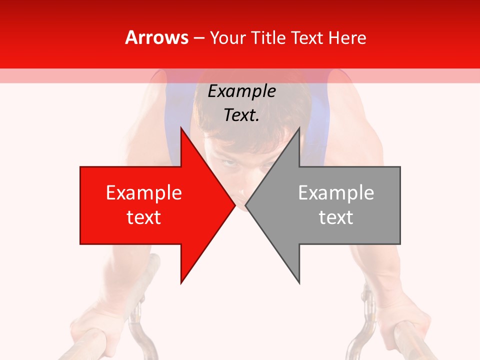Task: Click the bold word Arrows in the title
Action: point(157,38)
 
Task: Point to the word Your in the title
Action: point(227,38)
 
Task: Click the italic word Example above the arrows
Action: point(241,91)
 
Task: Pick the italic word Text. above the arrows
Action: point(241,115)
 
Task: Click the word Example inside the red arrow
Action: point(144,193)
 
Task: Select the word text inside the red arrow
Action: point(144,217)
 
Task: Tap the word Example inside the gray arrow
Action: point(336,193)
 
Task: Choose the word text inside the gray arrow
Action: point(336,217)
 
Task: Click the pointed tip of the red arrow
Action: point(235,205)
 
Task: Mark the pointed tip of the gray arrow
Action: point(246,205)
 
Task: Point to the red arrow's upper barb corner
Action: point(181,128)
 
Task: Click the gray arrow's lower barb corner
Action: point(299,283)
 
